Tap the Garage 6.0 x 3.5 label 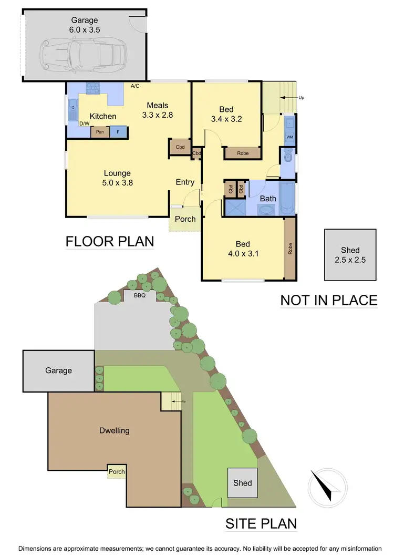coord(84,25)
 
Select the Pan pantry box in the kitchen coord(99,132)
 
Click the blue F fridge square coord(118,132)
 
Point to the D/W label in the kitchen coord(84,124)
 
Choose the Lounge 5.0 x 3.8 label coord(117,179)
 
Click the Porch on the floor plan coord(184,219)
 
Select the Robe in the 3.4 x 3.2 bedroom coord(243,153)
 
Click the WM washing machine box coord(289,137)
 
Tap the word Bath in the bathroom coord(268,199)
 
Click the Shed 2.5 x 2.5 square coord(350,254)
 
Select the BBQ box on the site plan coord(139,295)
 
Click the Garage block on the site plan coord(58,370)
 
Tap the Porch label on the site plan coord(117,471)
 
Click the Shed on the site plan coord(242,482)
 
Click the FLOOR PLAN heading coord(109,241)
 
